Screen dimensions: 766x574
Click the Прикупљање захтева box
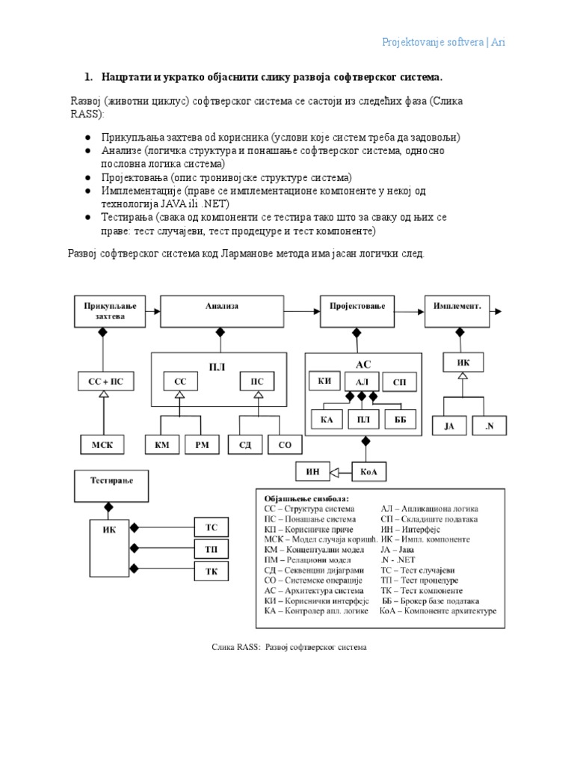coord(105,311)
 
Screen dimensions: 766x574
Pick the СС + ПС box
coord(105,382)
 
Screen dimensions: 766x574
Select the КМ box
coord(162,445)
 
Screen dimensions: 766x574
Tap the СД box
coord(244,445)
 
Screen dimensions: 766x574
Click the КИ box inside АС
coord(324,382)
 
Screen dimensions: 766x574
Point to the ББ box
coord(400,420)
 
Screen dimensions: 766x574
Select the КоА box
coord(365,471)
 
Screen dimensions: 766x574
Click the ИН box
coord(314,471)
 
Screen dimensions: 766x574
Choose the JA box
coord(449,426)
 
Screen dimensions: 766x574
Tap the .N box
coord(490,426)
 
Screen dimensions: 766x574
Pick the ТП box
coord(212,550)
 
